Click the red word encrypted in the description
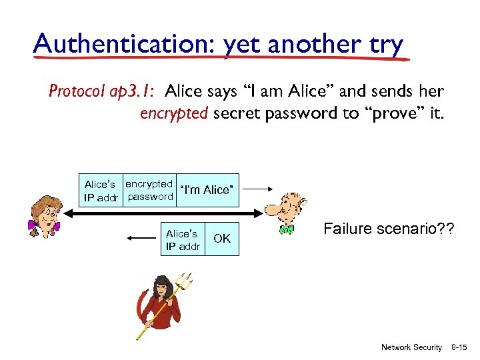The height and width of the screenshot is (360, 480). coord(173,113)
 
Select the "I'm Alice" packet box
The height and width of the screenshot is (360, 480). coord(207,190)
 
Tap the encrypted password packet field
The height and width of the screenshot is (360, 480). coord(149,190)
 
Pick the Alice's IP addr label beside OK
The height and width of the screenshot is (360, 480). coord(183,240)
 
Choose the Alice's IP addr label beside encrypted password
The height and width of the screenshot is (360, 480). coord(100,191)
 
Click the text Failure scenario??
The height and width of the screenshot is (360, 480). coord(389,229)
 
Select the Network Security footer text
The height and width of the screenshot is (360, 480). coord(411,347)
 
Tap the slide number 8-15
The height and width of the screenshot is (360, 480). coord(461,347)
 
